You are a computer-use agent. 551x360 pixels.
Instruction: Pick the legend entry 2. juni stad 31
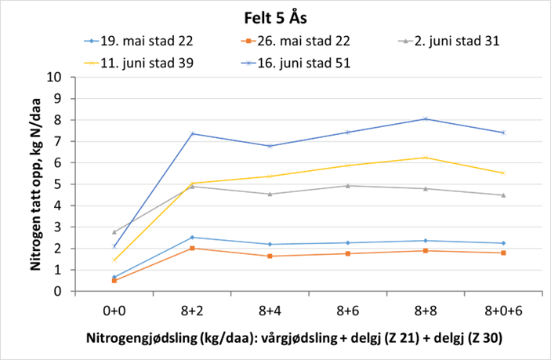tap(458, 39)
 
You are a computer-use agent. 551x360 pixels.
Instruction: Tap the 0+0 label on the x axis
tap(114, 311)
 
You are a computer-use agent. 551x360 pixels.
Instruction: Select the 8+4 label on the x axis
tap(270, 311)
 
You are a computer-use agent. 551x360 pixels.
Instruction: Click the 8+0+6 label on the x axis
tap(502, 311)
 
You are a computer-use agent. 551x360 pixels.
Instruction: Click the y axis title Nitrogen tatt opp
tap(35, 184)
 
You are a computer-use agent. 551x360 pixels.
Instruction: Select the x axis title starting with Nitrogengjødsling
tap(293, 339)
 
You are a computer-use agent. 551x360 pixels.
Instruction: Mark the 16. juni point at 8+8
tap(426, 119)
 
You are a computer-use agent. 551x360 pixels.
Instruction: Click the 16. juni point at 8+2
tap(192, 133)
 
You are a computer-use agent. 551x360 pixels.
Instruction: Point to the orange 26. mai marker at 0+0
tap(114, 280)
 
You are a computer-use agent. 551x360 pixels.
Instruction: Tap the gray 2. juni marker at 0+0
tap(114, 232)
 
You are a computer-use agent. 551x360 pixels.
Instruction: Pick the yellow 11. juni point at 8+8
tap(426, 158)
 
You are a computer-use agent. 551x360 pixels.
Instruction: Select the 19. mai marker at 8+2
tap(192, 237)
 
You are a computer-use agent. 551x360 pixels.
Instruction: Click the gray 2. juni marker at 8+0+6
tap(502, 195)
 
